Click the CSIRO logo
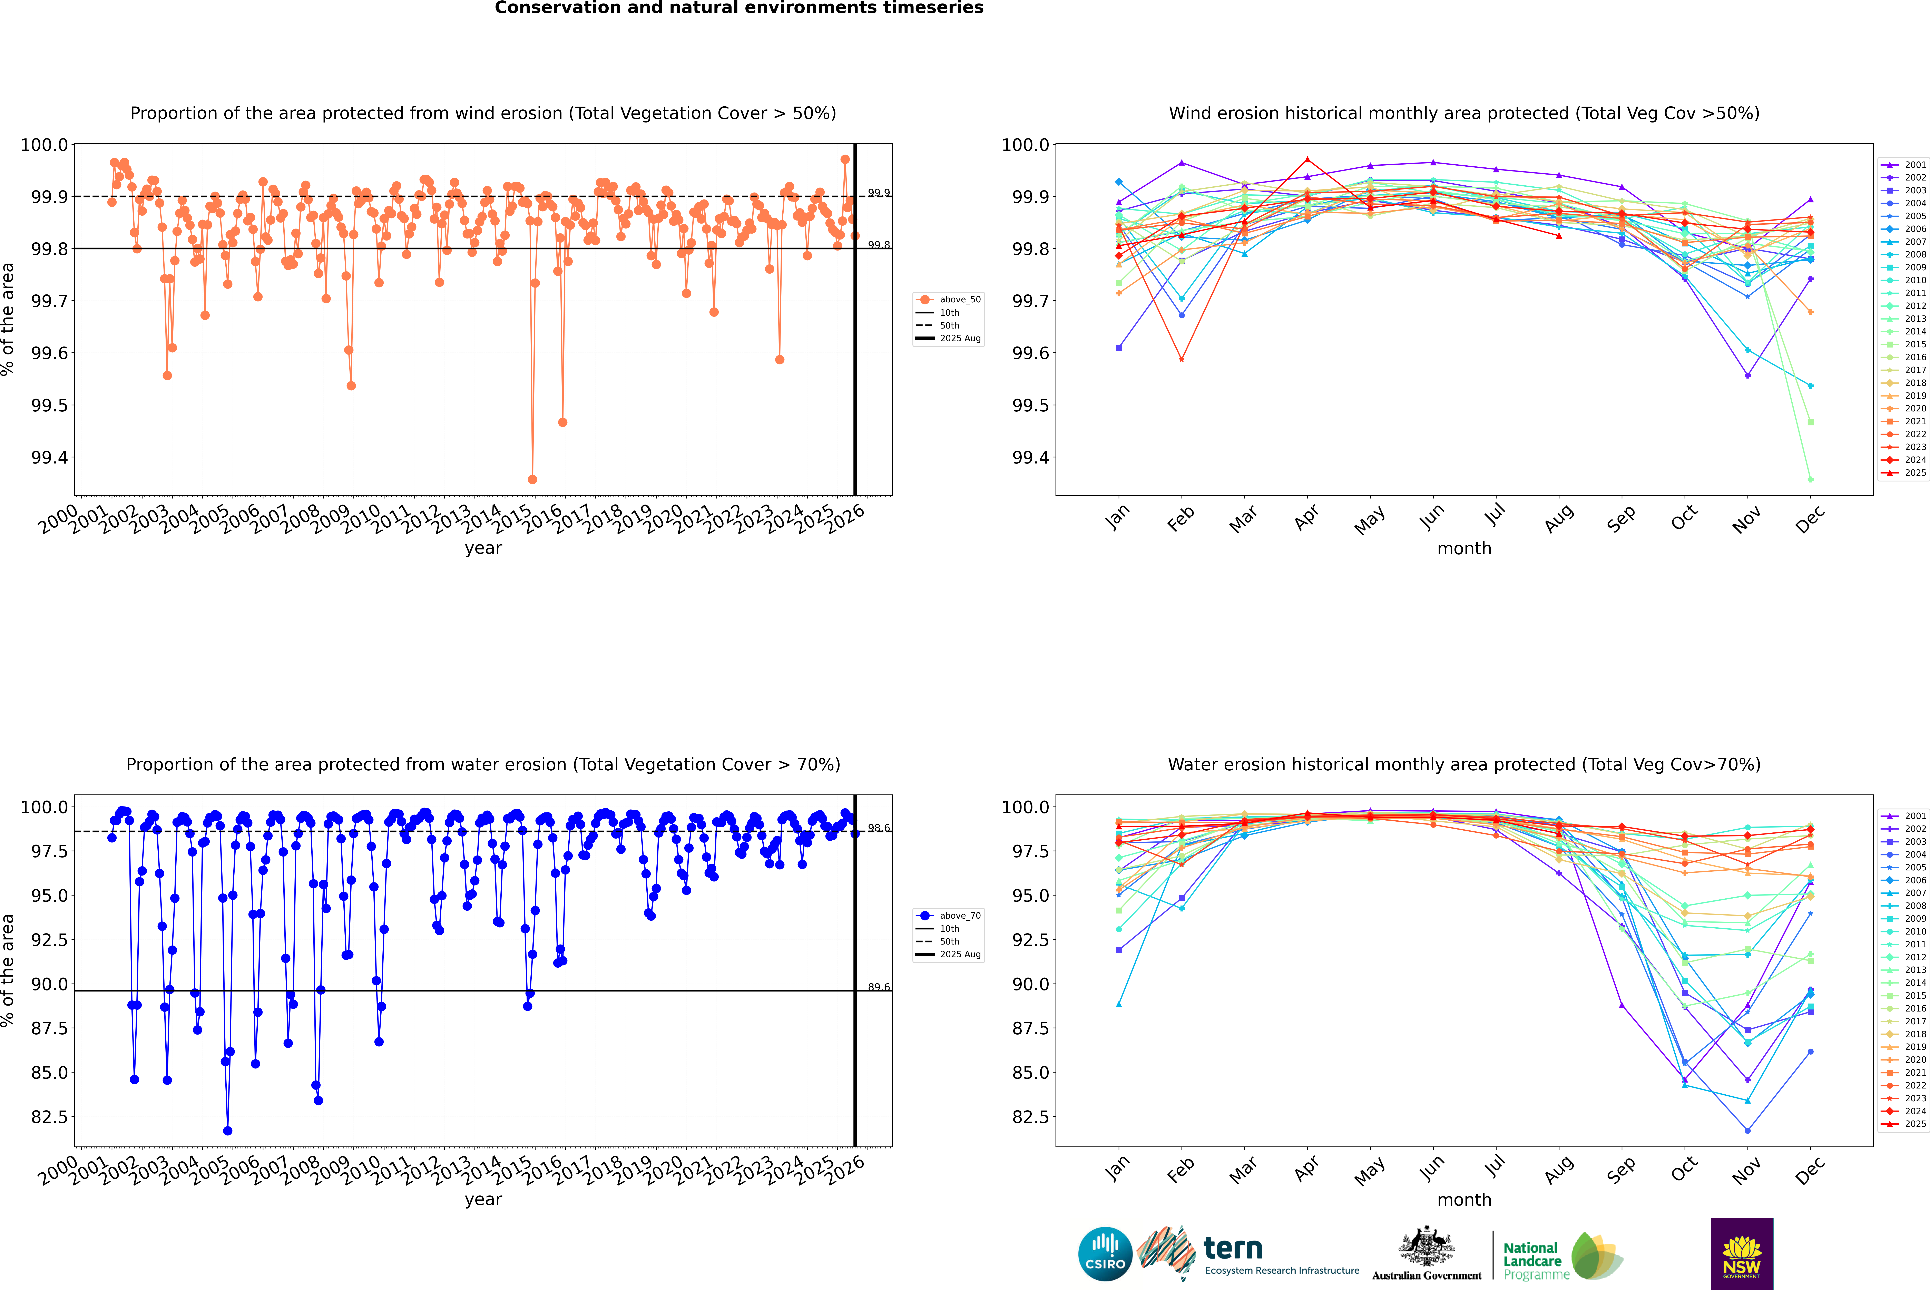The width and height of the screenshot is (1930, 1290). click(1105, 1254)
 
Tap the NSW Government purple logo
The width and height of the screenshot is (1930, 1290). click(1742, 1254)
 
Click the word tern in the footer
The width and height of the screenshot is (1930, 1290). click(1232, 1248)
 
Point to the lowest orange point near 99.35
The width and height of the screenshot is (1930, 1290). click(532, 479)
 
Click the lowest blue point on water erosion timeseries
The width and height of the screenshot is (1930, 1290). click(228, 1130)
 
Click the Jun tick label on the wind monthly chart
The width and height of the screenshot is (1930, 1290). click(1431, 517)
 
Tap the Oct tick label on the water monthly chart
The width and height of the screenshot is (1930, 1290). click(1683, 1168)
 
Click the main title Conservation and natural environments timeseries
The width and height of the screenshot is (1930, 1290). click(739, 8)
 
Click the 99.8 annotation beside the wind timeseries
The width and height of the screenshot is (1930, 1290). click(879, 245)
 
